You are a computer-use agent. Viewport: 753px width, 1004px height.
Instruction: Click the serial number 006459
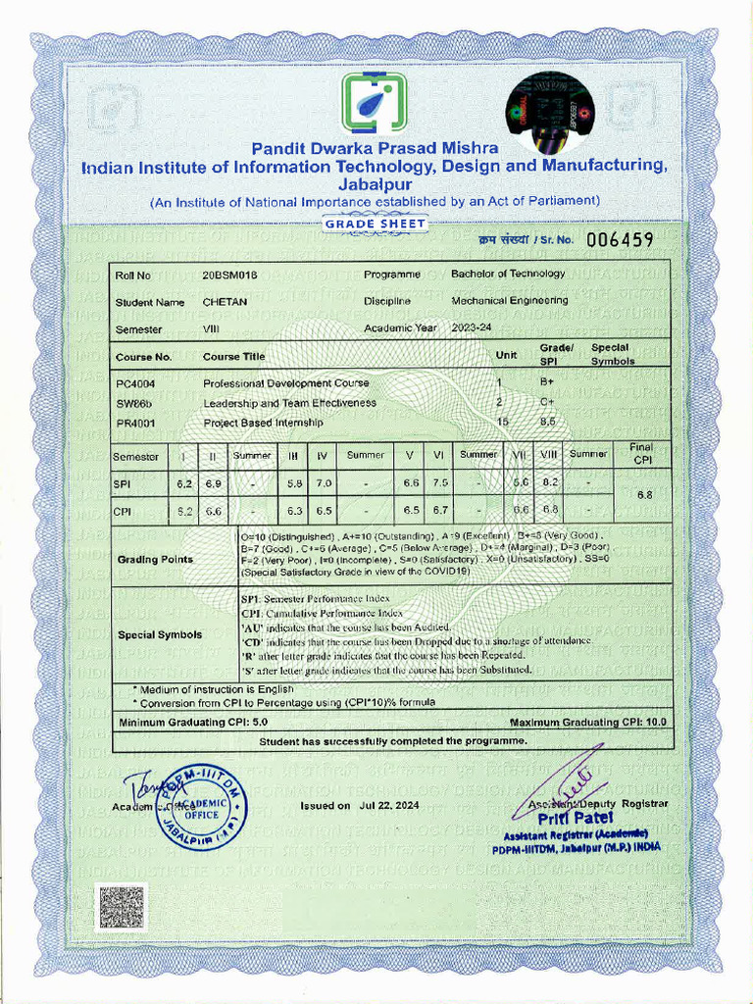point(620,239)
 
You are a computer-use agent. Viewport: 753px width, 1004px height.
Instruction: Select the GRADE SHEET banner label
point(376,225)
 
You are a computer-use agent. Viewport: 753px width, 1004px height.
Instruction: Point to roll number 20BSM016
point(229,275)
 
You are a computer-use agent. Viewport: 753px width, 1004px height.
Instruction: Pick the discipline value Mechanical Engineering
point(509,301)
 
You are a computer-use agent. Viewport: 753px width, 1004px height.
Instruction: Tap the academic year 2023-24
point(472,327)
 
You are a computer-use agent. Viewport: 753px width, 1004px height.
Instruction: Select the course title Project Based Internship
point(263,423)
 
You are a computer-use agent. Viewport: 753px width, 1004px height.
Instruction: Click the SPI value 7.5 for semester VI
point(441,483)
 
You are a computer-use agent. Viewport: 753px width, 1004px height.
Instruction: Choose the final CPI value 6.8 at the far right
point(645,495)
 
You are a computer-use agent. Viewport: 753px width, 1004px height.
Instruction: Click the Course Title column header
point(233,357)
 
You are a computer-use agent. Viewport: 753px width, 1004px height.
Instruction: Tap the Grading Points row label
point(155,560)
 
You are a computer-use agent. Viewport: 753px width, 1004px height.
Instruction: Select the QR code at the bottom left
point(121,907)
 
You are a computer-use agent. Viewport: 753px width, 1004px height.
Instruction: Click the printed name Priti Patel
point(581,818)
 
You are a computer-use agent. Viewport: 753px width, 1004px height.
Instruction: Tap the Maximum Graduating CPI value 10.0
point(655,722)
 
